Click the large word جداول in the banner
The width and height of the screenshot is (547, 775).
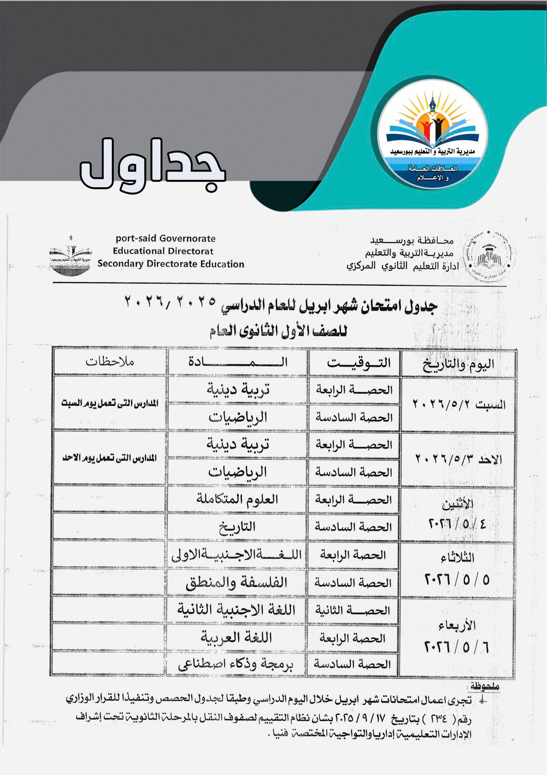pyautogui.click(x=153, y=165)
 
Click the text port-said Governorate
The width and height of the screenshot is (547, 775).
pyautogui.click(x=166, y=239)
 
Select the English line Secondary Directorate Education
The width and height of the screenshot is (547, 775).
pyautogui.click(x=171, y=264)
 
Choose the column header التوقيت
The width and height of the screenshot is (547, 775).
pyautogui.click(x=359, y=363)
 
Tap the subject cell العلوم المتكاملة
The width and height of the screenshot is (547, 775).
pyautogui.click(x=237, y=499)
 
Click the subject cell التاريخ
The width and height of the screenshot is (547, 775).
pyautogui.click(x=237, y=526)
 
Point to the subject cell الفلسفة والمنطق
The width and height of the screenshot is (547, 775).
pyautogui.click(x=237, y=582)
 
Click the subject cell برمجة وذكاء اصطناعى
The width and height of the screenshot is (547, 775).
pyautogui.click(x=237, y=665)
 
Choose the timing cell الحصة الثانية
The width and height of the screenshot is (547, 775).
pyautogui.click(x=353, y=610)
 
